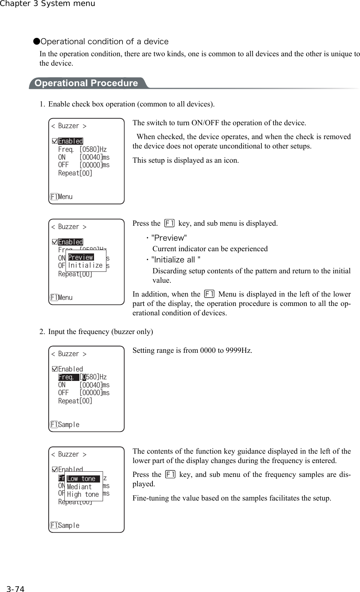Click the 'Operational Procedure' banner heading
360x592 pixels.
point(86,83)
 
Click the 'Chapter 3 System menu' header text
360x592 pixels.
point(48,4)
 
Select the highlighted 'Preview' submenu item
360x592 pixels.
point(81,257)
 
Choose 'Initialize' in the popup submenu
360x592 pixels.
point(85,265)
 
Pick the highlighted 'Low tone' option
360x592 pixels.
point(81,479)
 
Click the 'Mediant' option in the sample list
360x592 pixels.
point(79,487)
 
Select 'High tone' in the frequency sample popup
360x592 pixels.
point(83,495)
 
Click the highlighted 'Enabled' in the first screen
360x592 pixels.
point(70,141)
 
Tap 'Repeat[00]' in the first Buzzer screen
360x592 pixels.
point(75,173)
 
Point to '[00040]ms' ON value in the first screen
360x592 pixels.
point(94,157)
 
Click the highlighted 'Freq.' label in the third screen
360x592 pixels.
point(68,377)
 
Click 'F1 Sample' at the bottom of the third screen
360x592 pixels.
point(65,425)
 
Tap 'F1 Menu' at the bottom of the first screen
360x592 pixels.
point(61,197)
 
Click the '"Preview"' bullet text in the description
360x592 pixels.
point(169,238)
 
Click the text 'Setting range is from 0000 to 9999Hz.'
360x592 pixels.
point(192,351)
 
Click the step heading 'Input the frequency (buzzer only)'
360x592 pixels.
point(100,332)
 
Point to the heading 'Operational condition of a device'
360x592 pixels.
point(105,42)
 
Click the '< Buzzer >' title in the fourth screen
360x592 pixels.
point(69,454)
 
